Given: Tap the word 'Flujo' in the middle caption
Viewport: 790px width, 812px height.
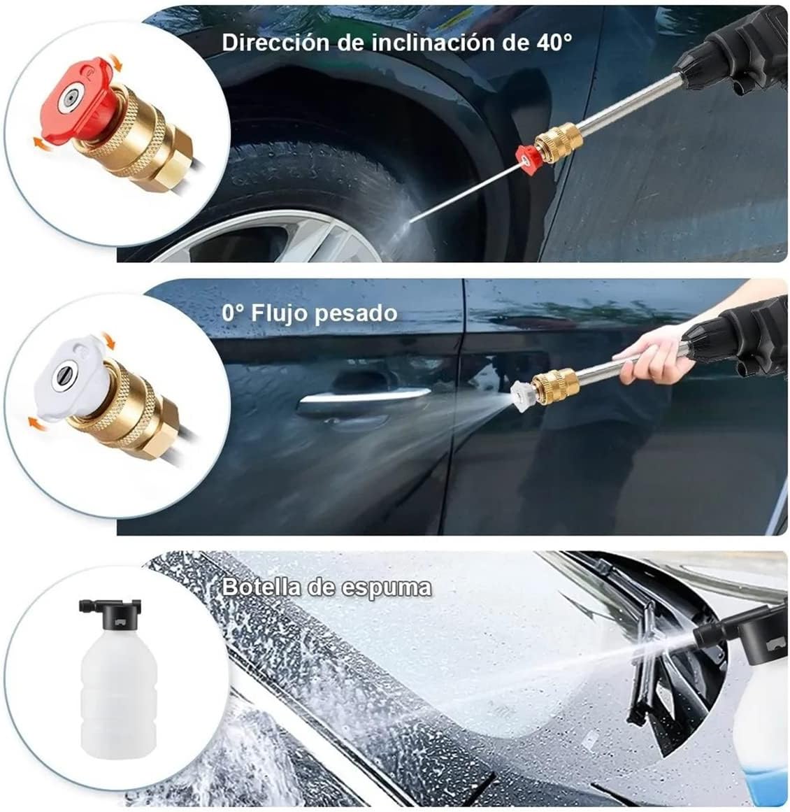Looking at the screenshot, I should point(280,313).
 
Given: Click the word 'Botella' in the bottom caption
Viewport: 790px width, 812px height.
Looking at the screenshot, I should point(262,586).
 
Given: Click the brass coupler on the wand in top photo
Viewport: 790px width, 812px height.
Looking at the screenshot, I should point(559,141).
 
